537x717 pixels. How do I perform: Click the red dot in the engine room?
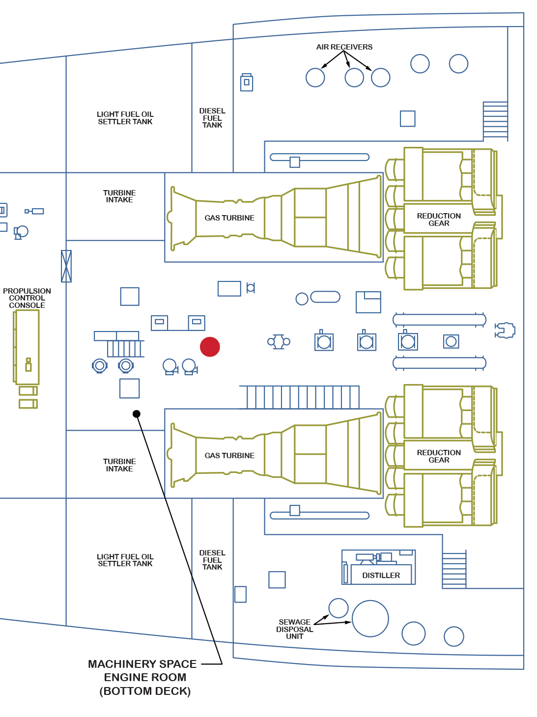click(x=210, y=347)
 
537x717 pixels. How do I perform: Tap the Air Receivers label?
click(x=344, y=47)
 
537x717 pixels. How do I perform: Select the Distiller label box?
click(x=381, y=575)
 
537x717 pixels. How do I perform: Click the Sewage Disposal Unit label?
click(x=294, y=629)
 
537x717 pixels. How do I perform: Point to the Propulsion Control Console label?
click(x=27, y=298)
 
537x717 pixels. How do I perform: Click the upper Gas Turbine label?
click(x=229, y=218)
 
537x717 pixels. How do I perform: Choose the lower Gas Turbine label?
click(x=229, y=456)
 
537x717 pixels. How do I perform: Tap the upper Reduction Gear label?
click(x=439, y=220)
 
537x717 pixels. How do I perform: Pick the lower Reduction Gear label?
click(x=439, y=456)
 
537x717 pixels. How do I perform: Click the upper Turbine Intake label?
click(x=119, y=196)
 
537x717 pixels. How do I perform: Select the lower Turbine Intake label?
click(x=119, y=465)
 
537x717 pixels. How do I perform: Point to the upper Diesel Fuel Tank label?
click(x=212, y=118)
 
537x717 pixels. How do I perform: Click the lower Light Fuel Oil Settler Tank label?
click(x=125, y=560)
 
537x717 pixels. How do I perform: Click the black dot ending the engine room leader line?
click(x=137, y=414)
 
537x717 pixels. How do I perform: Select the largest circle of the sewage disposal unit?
click(x=370, y=619)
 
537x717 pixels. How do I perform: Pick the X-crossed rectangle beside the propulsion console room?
click(x=66, y=266)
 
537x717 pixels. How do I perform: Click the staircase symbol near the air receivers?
click(x=495, y=120)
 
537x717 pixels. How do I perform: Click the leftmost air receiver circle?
click(x=315, y=78)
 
